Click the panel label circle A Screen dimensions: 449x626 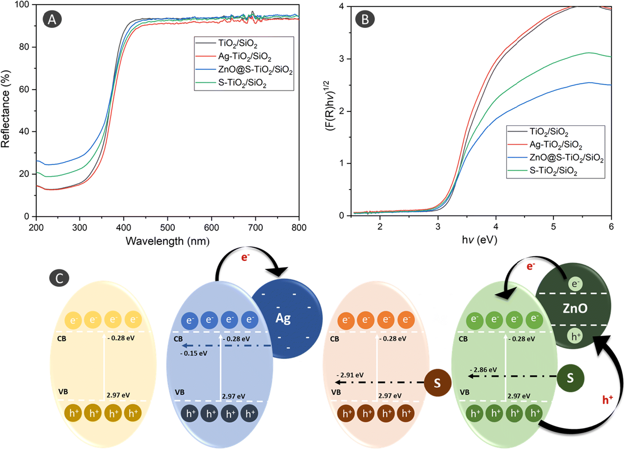click(52, 19)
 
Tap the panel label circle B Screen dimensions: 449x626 click(365, 19)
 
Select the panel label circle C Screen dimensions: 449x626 click(59, 278)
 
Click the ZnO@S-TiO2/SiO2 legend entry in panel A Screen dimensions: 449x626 click(255, 70)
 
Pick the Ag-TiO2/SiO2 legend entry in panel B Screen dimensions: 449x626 click(555, 144)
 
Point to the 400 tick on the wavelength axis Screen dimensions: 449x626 click(123, 227)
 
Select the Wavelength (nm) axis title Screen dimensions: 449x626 click(167, 241)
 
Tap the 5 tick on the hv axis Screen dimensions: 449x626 click(553, 227)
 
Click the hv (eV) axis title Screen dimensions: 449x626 click(479, 240)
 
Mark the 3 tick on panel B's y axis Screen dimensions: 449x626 click(342, 59)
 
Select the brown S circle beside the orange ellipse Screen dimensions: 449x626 click(437, 383)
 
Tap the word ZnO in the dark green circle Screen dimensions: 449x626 click(575, 308)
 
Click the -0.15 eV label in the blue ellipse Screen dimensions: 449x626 click(194, 353)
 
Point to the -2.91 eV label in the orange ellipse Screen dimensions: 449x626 click(350, 375)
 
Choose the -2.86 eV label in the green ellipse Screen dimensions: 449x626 click(483, 370)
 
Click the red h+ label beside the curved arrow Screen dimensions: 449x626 click(607, 400)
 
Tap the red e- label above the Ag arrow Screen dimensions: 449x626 click(245, 257)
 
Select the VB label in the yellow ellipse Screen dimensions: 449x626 click(63, 392)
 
